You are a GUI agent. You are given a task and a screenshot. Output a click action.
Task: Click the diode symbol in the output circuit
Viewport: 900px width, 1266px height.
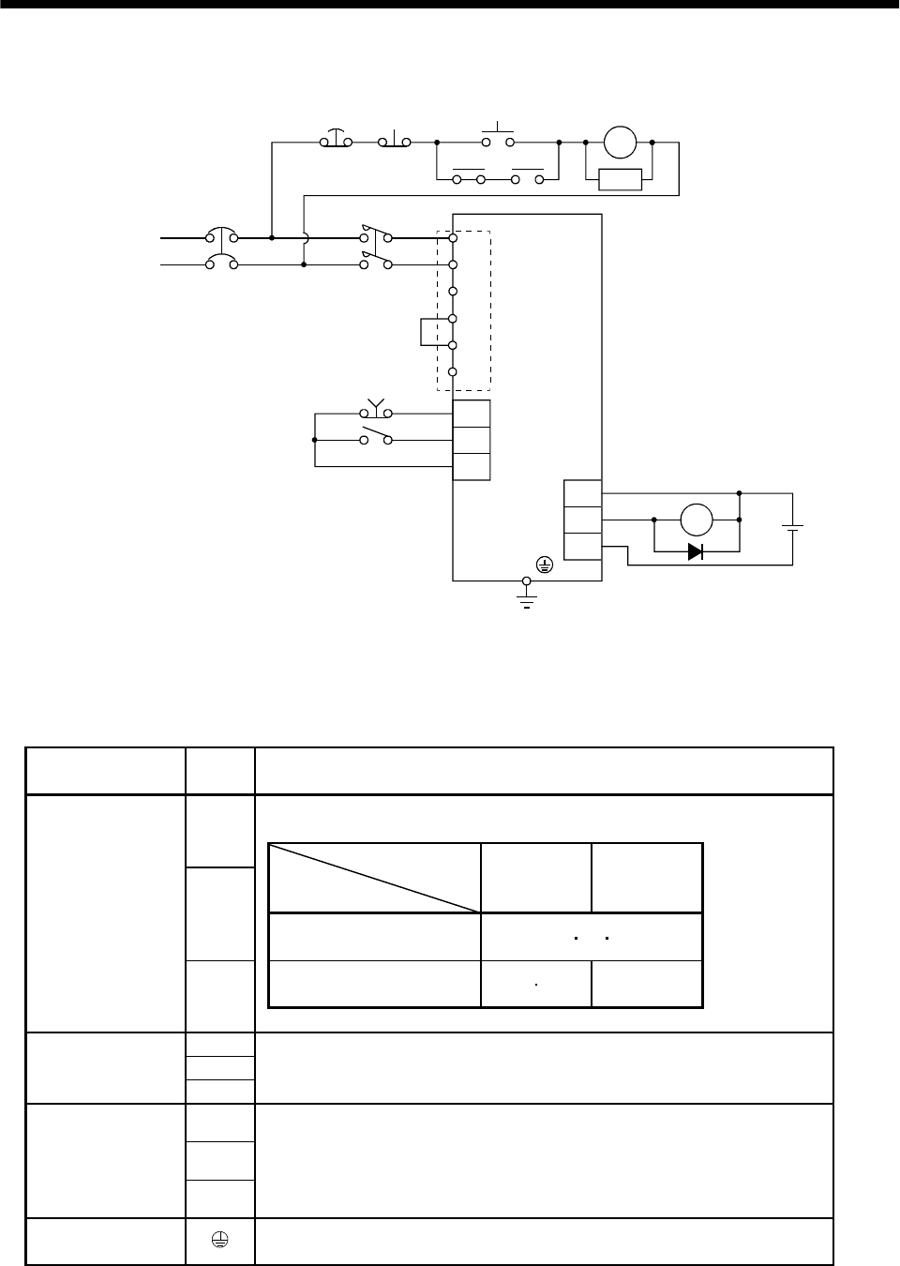click(x=695, y=551)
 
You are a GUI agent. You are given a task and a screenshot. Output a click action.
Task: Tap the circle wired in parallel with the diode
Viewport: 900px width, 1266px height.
click(x=697, y=519)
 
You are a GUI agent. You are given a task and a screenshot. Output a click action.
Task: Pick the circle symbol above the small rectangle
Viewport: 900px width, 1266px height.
click(x=620, y=143)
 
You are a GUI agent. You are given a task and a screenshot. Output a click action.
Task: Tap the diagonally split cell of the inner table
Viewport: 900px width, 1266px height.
click(x=374, y=878)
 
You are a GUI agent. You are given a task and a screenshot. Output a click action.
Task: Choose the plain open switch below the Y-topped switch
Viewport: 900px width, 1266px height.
click(x=376, y=437)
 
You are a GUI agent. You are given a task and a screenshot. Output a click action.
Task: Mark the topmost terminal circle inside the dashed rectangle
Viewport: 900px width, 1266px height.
click(x=453, y=238)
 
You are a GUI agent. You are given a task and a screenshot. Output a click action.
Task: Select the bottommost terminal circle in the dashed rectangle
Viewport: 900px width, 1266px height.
click(x=453, y=372)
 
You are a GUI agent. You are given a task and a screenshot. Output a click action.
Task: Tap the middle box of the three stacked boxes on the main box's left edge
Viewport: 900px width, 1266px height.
click(x=472, y=440)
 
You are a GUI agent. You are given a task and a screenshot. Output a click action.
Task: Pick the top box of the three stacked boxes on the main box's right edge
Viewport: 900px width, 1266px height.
click(x=582, y=492)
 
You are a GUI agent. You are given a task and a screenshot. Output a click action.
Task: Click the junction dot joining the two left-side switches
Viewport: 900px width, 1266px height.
click(x=314, y=439)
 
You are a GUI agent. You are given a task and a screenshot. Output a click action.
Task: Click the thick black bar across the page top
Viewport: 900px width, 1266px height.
click(x=450, y=5)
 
